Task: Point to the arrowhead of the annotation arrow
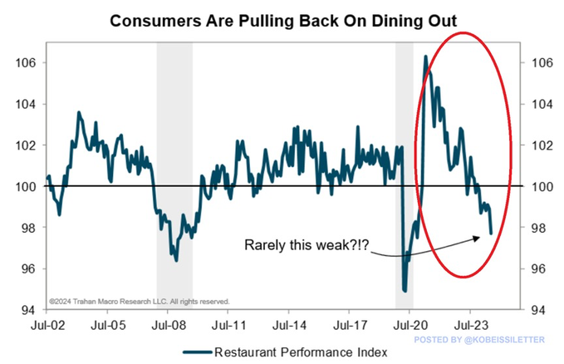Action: coord(480,237)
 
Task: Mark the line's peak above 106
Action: coord(425,57)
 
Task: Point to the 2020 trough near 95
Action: coord(404,290)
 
